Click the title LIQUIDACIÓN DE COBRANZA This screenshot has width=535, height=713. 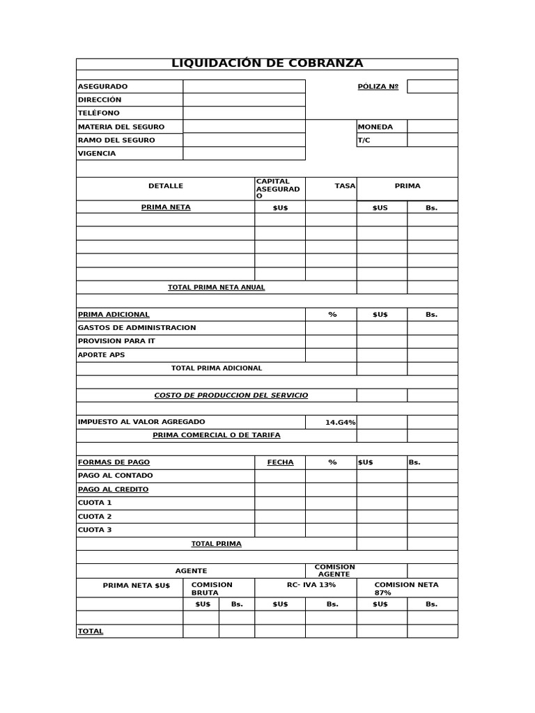(267, 63)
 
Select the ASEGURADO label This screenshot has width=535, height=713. (102, 86)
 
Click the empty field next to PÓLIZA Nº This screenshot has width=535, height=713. (432, 86)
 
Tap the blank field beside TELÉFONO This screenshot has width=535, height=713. (244, 113)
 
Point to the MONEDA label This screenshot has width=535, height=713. (375, 127)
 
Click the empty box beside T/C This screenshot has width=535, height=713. (432, 140)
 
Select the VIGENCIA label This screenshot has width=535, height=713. (97, 153)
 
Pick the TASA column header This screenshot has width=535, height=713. (345, 186)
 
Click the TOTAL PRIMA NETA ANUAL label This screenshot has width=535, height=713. (216, 287)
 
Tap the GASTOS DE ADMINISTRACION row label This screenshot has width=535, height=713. (137, 327)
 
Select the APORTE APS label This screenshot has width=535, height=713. (101, 354)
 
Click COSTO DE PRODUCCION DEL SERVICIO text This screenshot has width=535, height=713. (231, 395)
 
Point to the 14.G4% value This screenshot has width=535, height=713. (340, 422)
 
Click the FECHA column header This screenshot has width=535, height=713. (280, 462)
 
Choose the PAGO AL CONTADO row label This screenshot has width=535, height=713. (115, 476)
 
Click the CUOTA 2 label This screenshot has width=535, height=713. (95, 517)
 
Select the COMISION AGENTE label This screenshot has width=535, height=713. (334, 570)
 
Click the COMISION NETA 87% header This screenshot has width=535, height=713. (406, 588)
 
